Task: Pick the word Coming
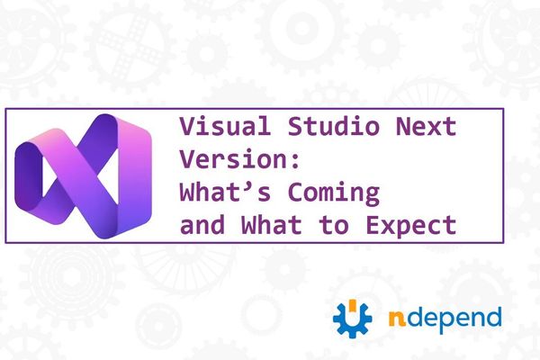tap(339, 192)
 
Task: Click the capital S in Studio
tap(276, 128)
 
